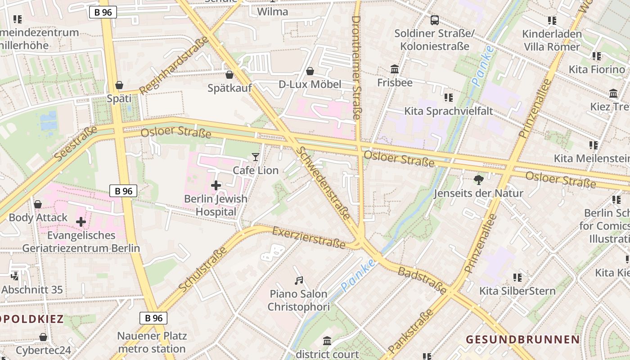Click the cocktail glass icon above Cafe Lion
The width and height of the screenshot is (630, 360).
(256, 157)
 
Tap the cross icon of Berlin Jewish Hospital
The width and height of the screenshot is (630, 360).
(216, 185)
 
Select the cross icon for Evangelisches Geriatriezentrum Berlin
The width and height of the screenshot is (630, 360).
(81, 222)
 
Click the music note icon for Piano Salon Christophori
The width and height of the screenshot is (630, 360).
(299, 281)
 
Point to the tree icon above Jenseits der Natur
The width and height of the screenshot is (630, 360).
(478, 180)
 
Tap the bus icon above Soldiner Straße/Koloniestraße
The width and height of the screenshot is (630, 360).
(434, 20)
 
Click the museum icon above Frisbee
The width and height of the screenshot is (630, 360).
(395, 69)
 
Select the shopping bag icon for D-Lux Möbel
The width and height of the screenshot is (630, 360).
(310, 71)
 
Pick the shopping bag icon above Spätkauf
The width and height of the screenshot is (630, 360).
(229, 75)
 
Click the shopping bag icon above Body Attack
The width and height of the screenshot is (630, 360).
(38, 204)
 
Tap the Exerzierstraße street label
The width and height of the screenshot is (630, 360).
(309, 238)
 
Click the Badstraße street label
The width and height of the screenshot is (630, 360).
(423, 279)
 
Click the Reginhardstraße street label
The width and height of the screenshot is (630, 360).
(174, 66)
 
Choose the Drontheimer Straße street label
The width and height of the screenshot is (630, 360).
(356, 67)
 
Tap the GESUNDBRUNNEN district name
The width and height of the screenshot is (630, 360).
(522, 339)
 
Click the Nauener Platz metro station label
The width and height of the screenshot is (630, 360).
(151, 342)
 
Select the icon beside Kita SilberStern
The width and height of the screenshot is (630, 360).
(517, 277)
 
